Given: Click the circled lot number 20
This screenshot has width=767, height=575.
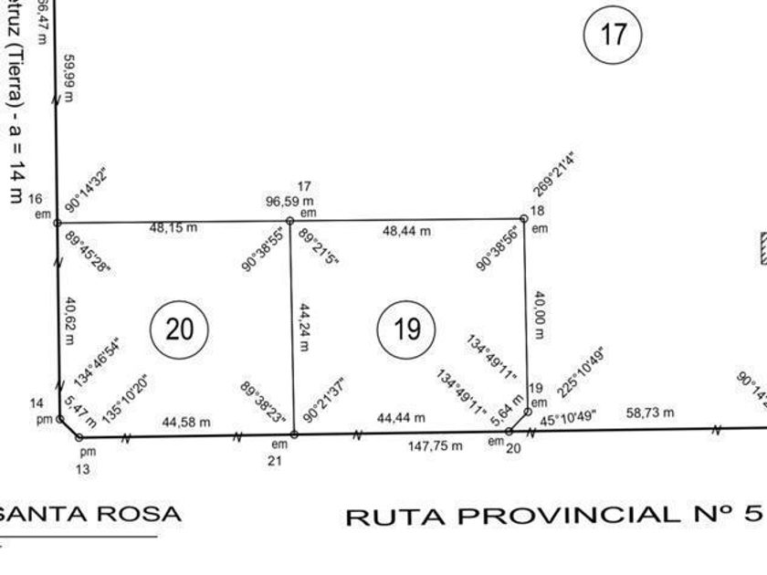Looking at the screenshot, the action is tap(180, 329).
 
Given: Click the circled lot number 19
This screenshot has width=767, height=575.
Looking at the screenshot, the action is tap(406, 329).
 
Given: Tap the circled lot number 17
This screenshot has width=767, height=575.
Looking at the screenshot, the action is tap(614, 35).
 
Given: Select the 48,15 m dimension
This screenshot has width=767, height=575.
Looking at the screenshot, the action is tap(173, 228).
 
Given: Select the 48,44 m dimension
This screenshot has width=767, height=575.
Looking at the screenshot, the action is tap(405, 232).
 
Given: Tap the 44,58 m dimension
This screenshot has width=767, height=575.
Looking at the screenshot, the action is tap(186, 422).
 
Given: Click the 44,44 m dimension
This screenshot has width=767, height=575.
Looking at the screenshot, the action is tap(401, 418).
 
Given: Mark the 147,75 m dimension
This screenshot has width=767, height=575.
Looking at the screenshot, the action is tap(436, 446).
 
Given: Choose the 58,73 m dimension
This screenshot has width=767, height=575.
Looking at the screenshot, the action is tap(650, 413).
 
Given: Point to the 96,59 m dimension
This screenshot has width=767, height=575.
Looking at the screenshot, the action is tap(290, 201).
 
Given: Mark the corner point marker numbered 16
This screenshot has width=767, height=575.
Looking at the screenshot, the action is tap(57, 222).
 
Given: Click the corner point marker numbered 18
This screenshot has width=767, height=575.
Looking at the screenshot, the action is tap(524, 219).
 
